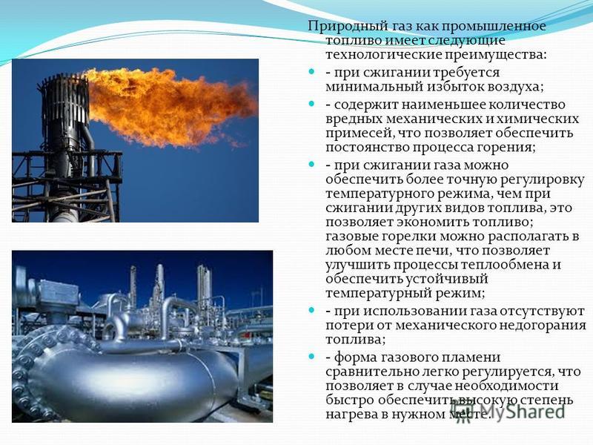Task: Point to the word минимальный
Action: click(374, 87)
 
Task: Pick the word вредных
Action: click(354, 119)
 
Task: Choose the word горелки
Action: click(407, 237)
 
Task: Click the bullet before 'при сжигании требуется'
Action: click(311, 71)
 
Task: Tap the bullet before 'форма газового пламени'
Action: click(311, 357)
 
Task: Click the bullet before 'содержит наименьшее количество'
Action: click(311, 103)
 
